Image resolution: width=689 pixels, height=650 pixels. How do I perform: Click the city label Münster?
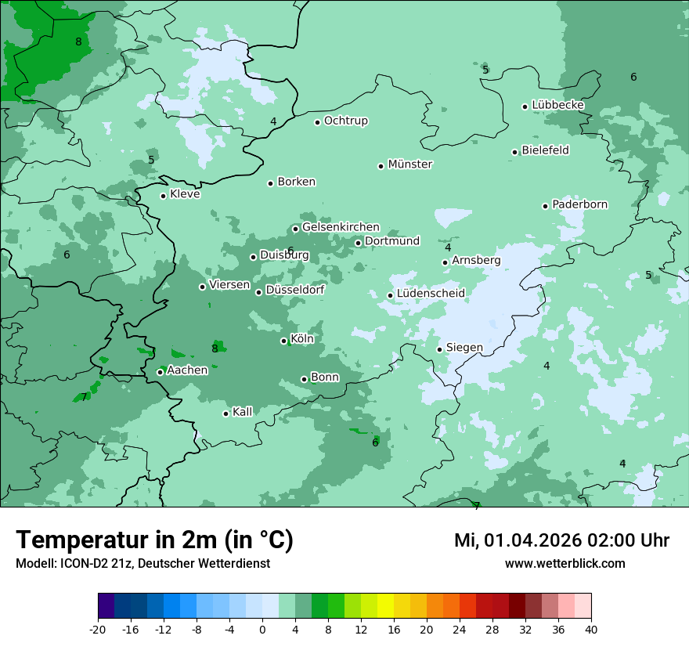[410, 164]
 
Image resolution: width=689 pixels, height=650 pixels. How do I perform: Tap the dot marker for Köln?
[283, 341]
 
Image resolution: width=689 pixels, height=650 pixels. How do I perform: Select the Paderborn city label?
[579, 204]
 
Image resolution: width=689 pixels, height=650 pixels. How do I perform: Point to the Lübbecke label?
[557, 105]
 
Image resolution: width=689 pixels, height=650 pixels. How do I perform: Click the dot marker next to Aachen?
[160, 372]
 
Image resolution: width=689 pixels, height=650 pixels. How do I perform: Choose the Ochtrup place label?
[345, 121]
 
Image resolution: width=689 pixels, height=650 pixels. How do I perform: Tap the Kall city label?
[243, 412]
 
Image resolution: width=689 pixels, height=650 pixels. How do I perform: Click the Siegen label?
[464, 348]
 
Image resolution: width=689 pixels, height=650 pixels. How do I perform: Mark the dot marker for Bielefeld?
[514, 152]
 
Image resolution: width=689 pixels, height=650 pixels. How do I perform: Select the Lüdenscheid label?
[431, 294]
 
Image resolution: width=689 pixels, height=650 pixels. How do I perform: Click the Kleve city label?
[185, 194]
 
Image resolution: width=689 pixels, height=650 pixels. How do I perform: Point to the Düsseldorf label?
[295, 290]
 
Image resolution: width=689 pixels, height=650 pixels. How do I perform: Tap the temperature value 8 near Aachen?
[215, 348]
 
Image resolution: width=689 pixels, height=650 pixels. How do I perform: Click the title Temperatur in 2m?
[154, 540]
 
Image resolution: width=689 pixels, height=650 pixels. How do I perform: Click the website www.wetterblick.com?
[565, 563]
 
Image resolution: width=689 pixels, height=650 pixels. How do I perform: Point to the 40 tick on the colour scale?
[590, 630]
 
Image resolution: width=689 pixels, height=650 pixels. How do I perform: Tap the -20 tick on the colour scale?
[98, 630]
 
